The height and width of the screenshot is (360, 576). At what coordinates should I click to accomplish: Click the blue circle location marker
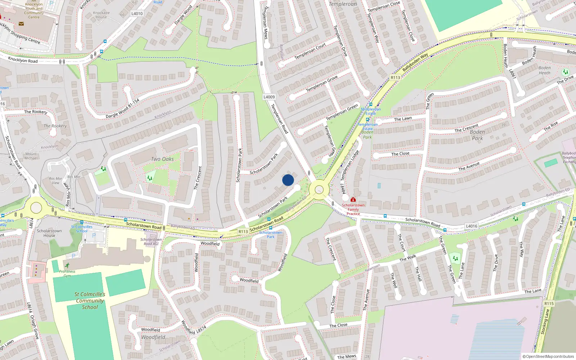click(x=288, y=180)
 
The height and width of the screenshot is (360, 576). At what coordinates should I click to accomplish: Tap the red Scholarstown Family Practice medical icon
click(x=353, y=199)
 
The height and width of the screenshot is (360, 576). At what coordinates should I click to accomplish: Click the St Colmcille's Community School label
click(x=90, y=301)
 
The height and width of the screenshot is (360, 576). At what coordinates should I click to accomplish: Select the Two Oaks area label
click(x=162, y=159)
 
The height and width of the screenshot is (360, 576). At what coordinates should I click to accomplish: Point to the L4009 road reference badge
click(x=269, y=97)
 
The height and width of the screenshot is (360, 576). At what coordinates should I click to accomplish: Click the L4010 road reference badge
click(x=137, y=14)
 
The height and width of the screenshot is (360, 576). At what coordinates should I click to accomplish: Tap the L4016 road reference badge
click(x=472, y=226)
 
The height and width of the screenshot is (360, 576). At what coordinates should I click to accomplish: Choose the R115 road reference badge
click(x=549, y=303)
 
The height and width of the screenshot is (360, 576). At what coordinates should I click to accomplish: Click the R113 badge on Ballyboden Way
click(x=395, y=77)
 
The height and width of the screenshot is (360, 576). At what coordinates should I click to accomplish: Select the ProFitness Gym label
click(x=67, y=274)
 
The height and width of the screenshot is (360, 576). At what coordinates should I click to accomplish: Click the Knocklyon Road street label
click(x=23, y=60)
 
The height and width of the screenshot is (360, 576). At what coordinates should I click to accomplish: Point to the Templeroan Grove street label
click(x=321, y=84)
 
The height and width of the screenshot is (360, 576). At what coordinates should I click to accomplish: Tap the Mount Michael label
click(x=31, y=156)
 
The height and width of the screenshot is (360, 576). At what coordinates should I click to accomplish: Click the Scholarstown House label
click(x=49, y=233)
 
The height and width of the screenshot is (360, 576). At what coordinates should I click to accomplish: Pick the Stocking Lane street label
click(x=545, y=321)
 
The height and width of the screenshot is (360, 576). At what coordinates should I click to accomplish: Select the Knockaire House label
click(x=101, y=15)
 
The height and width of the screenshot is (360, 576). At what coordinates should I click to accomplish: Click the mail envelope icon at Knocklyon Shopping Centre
click(x=21, y=24)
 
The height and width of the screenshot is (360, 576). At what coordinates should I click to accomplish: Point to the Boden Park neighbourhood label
click(x=477, y=135)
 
